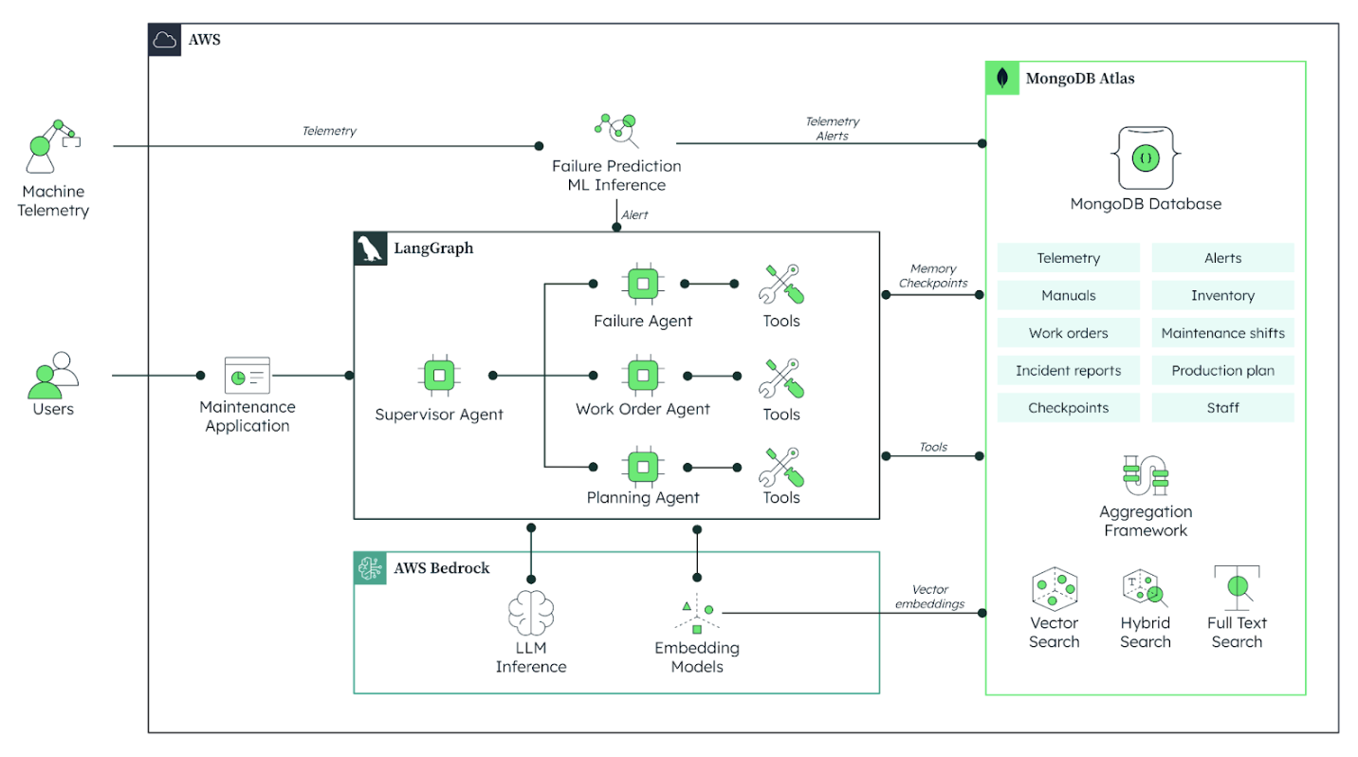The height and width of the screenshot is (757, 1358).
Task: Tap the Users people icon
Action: point(52,376)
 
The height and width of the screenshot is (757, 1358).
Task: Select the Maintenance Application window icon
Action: point(247,375)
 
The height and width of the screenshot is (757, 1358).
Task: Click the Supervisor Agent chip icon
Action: point(438,376)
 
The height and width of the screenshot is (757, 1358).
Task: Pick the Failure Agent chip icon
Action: point(642,284)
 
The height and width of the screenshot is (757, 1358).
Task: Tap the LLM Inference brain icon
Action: point(530,612)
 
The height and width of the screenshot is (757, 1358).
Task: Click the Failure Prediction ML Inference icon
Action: point(616,132)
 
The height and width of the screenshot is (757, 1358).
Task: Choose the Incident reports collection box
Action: point(1068,371)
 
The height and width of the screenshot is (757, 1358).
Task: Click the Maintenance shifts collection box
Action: point(1222,333)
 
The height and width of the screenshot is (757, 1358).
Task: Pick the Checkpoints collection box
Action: point(1068,408)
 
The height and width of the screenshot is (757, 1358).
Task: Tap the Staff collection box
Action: point(1222,408)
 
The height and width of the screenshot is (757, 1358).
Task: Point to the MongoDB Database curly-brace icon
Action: point(1146,157)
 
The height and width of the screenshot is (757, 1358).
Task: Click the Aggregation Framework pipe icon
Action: point(1146,474)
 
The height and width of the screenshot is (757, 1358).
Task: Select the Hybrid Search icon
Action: point(1145,590)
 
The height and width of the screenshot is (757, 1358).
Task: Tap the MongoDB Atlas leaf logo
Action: point(1002,79)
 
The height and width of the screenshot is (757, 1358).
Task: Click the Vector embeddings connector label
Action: point(929,597)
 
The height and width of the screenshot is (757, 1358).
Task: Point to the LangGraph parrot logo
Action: point(371,249)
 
